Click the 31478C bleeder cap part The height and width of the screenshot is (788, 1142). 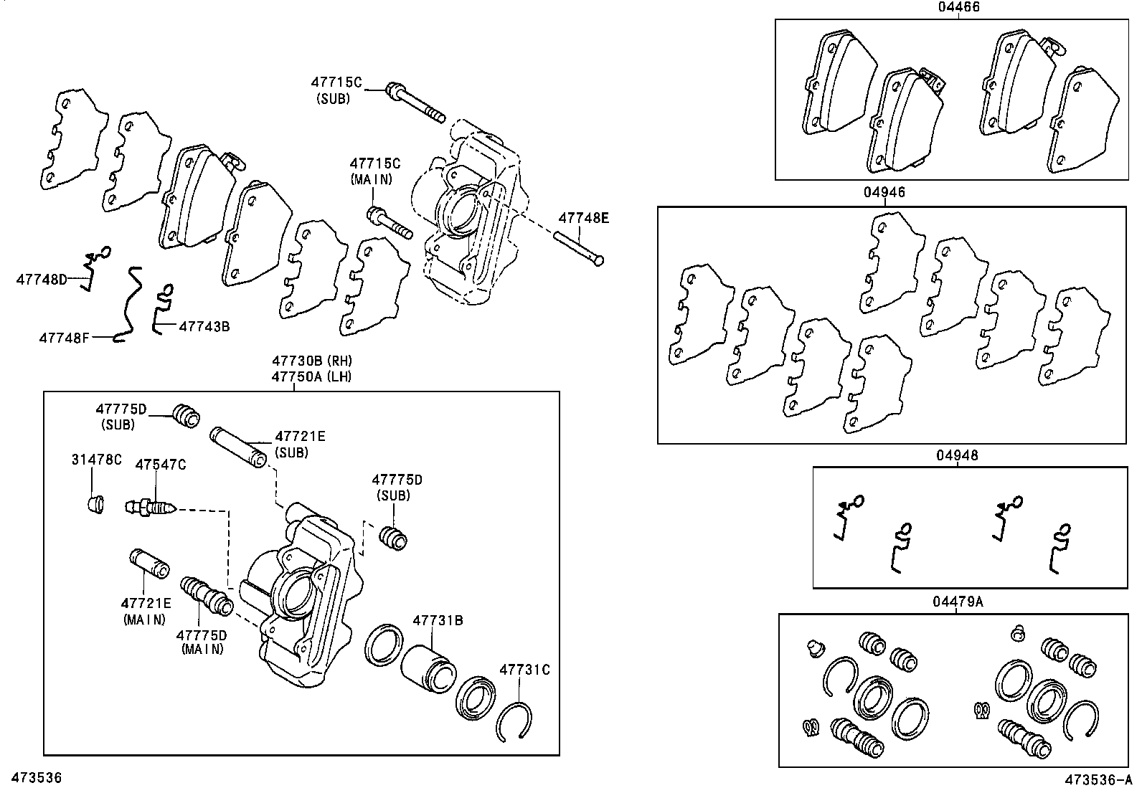click(x=94, y=504)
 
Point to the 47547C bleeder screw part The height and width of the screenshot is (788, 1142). click(x=150, y=508)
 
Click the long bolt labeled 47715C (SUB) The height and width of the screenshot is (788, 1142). click(x=415, y=102)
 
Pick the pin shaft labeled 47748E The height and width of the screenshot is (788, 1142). click(x=579, y=247)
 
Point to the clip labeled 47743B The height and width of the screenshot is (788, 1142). click(x=162, y=306)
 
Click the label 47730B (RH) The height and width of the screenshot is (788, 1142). click(x=311, y=361)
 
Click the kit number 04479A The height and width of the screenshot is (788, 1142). click(x=957, y=602)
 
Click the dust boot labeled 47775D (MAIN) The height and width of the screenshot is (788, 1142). click(x=206, y=597)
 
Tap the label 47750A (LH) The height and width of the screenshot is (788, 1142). click(x=311, y=376)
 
